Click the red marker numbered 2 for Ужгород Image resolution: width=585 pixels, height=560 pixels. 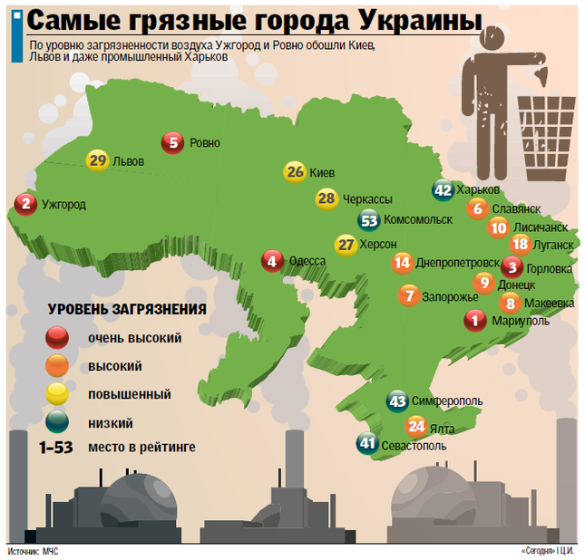click(x=27, y=205)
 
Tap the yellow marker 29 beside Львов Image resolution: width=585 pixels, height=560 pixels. click(x=98, y=160)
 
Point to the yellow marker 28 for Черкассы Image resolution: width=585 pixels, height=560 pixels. click(x=327, y=198)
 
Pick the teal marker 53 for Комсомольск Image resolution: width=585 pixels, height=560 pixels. click(x=369, y=219)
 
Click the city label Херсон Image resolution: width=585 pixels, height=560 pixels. click(x=378, y=244)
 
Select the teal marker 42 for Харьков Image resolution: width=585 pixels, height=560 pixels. click(x=444, y=190)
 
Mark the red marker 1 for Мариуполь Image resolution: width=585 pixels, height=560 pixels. click(x=474, y=320)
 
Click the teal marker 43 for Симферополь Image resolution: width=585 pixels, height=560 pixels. click(x=396, y=401)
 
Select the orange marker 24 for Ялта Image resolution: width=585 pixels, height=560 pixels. click(x=416, y=425)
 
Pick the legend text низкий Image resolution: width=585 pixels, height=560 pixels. click(x=111, y=421)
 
